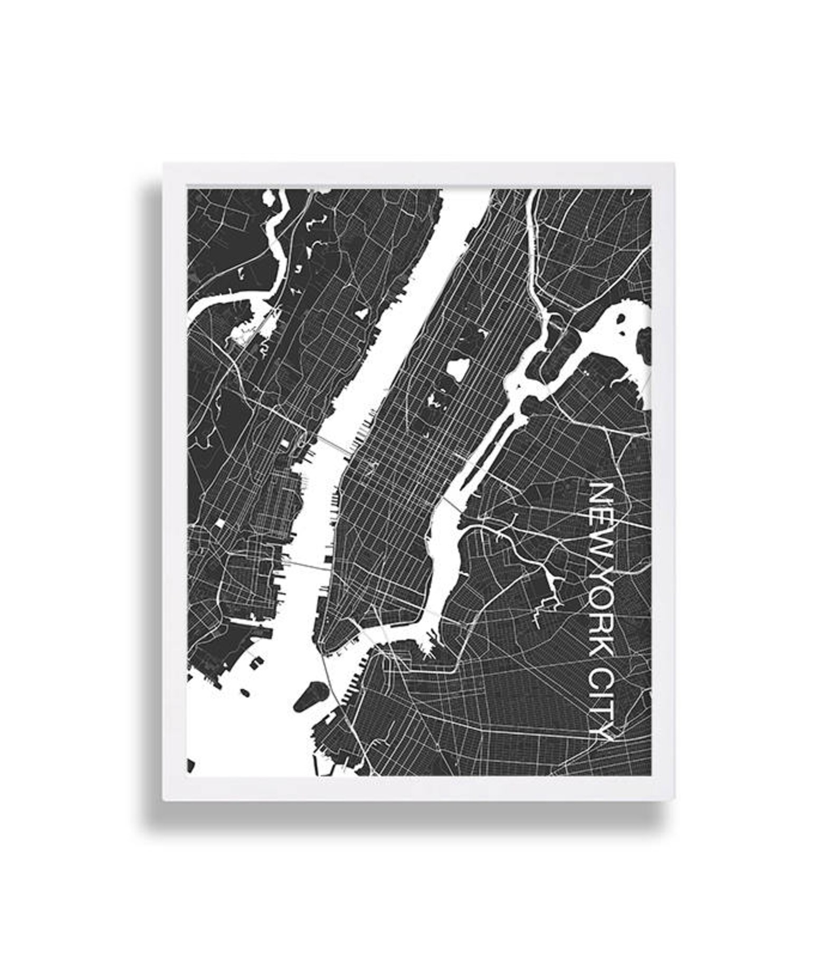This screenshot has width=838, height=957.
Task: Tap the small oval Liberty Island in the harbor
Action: pyautogui.click(x=245, y=692)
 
